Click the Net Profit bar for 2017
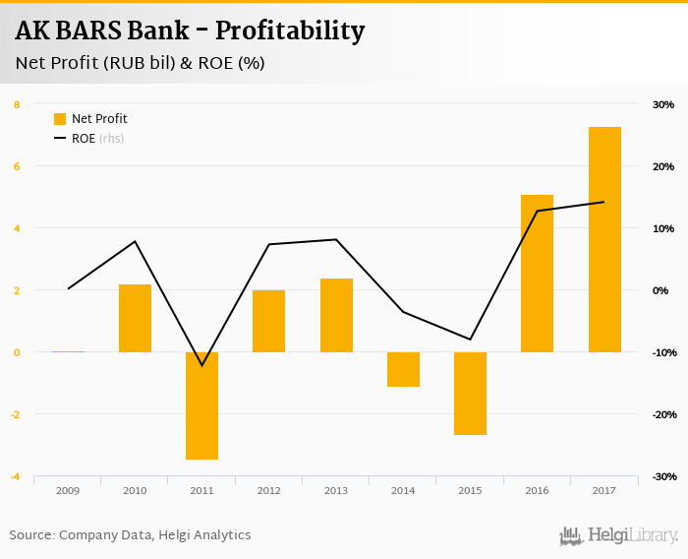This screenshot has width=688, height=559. coord(604,239)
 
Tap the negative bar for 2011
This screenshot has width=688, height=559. coord(201,405)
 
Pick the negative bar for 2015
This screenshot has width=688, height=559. coord(470,393)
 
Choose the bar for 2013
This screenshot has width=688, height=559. coord(336,315)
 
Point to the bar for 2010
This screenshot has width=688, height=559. coord(135,318)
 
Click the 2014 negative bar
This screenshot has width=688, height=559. coord(403,369)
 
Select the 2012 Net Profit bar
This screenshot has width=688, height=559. coord(268,321)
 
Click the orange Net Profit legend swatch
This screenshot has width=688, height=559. coord(60,119)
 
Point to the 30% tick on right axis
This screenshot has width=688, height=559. coord(662,104)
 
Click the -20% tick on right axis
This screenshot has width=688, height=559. coord(662,414)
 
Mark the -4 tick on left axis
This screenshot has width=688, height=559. coord(16,477)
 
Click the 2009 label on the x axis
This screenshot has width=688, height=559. coord(68,489)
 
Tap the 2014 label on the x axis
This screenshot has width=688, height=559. coord(403,489)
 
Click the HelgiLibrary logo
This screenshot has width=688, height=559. coord(618,535)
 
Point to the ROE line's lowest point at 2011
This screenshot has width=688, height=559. coord(201,365)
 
